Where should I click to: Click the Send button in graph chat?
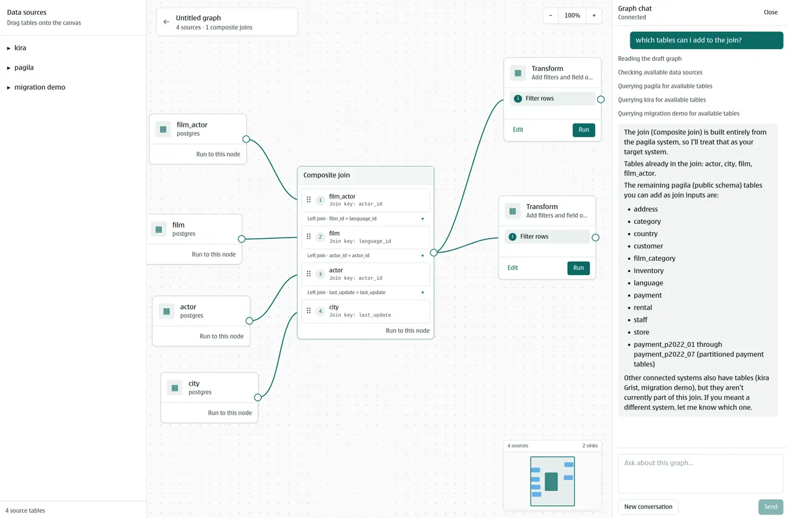[x=770, y=506]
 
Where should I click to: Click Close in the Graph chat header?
[x=770, y=12]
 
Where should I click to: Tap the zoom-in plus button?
[x=594, y=15]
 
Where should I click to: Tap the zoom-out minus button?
[x=550, y=15]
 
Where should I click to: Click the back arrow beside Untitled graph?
[x=166, y=22]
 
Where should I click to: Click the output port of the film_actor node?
[x=246, y=139]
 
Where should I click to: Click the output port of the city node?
[x=258, y=397]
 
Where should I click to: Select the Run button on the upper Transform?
[x=584, y=130]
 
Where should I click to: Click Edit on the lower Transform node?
[x=513, y=268]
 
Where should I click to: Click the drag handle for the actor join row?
[x=308, y=274]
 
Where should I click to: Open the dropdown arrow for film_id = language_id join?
[x=422, y=218]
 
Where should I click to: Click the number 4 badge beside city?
[x=320, y=311]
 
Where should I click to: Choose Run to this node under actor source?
[x=222, y=336]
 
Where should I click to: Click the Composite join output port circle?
[x=434, y=252]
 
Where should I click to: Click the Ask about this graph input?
[x=701, y=473]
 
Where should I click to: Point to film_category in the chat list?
[x=654, y=258]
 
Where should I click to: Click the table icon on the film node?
[x=159, y=229]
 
